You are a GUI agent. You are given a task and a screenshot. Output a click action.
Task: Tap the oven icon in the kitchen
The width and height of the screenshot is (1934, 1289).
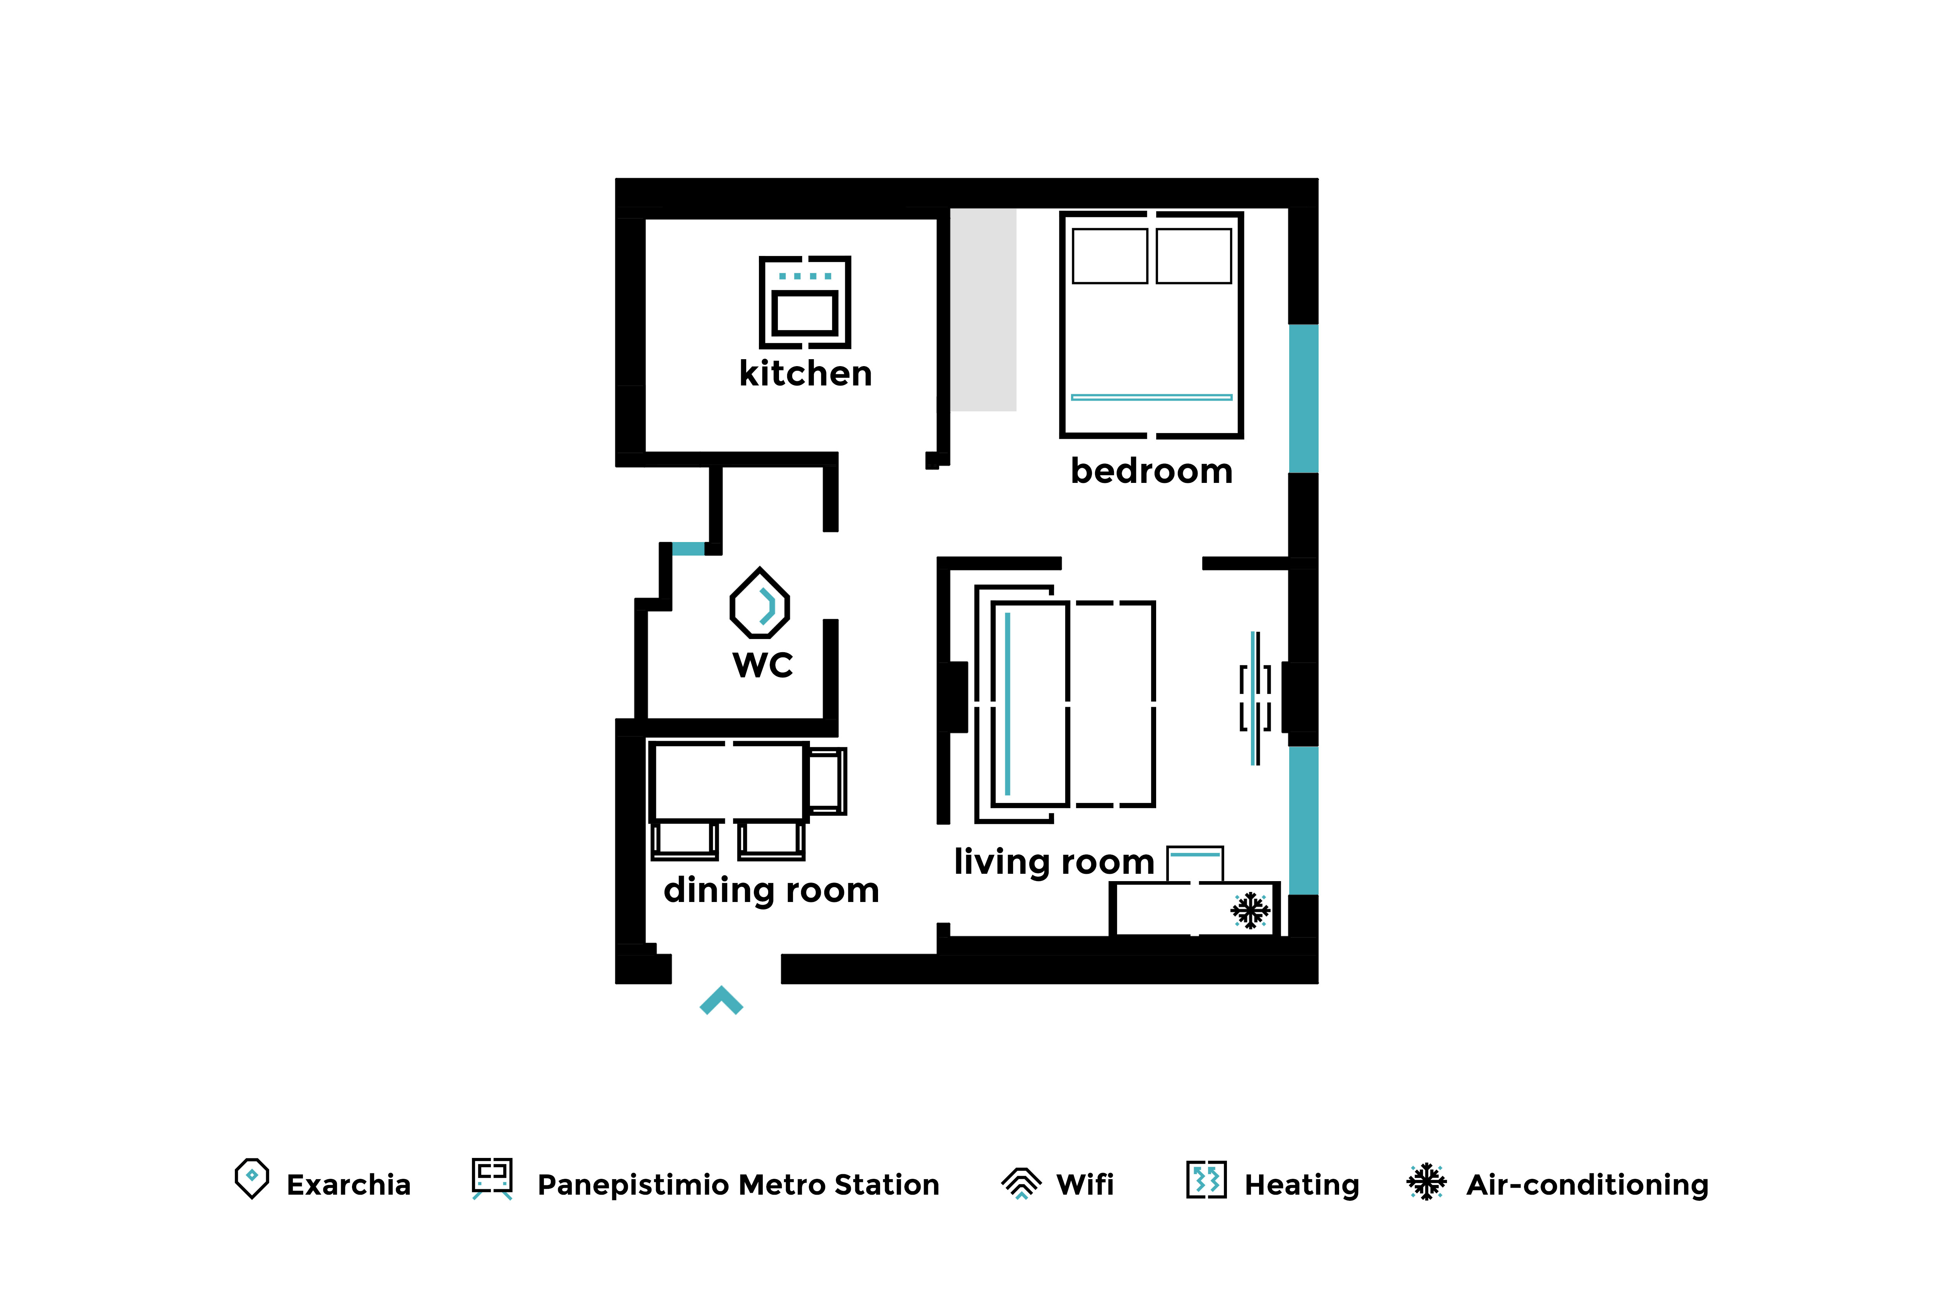805,302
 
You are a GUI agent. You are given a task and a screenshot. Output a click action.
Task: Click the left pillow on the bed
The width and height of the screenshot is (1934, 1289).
1110,256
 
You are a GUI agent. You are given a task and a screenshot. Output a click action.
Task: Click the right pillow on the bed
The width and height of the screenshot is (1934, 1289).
1194,256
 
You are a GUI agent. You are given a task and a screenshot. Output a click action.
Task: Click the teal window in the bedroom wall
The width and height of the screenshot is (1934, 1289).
1303,399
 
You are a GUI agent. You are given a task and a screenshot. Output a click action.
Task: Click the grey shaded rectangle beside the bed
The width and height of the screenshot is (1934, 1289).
984,310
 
